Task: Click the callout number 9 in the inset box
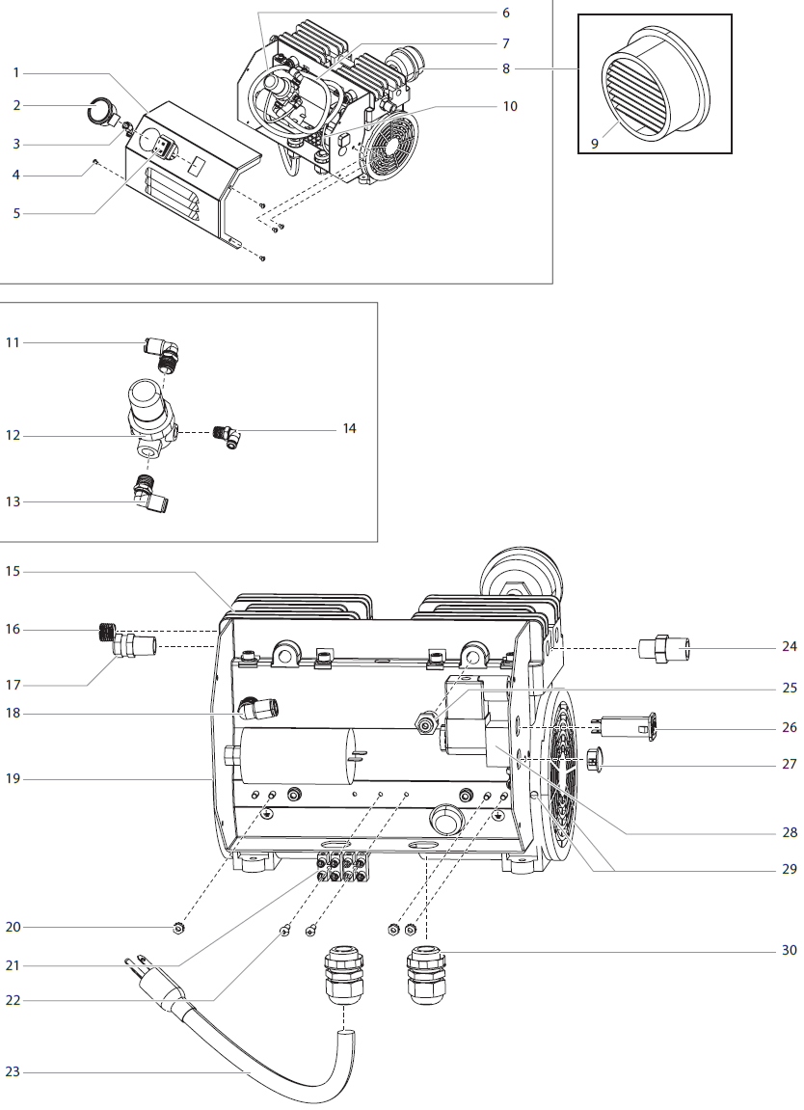[595, 143]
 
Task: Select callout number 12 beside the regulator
[13, 436]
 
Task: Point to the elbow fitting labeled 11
[159, 353]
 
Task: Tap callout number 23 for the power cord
[13, 1070]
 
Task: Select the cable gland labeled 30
[425, 974]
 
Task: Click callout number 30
[789, 950]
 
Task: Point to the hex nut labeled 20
[177, 929]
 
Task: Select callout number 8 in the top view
[505, 68]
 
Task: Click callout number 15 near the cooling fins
[13, 572]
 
